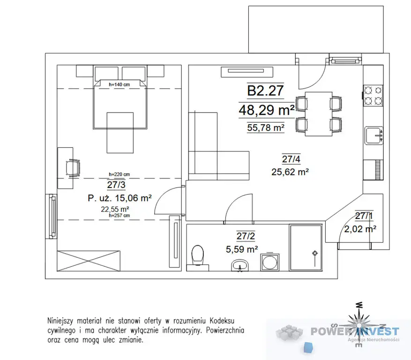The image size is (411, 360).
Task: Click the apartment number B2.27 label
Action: click(266, 91)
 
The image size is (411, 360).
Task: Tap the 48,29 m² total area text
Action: click(267, 110)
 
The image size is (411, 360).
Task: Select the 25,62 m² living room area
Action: click(290, 172)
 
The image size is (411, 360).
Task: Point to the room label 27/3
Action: click(116, 185)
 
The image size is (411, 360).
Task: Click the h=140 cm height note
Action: click(119, 84)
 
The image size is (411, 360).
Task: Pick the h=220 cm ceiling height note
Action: click(119, 174)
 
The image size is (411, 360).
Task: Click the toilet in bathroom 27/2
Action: click(198, 257)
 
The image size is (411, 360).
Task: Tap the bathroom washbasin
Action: click(239, 265)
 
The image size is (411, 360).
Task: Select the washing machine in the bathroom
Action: click(270, 262)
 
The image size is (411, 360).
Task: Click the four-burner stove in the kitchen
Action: click(373, 96)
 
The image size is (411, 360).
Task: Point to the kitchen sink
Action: click(374, 135)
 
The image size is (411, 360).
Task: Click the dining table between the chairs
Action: click(319, 114)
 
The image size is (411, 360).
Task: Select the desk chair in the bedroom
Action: click(73, 168)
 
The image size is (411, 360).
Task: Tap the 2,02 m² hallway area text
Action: click(360, 229)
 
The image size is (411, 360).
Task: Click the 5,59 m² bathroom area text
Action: click(242, 249)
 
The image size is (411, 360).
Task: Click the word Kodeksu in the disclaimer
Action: click(222, 321)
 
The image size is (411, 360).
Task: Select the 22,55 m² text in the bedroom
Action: click(115, 209)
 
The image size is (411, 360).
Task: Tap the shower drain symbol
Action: click(314, 253)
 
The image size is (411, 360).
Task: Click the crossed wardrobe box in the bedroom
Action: click(89, 261)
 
